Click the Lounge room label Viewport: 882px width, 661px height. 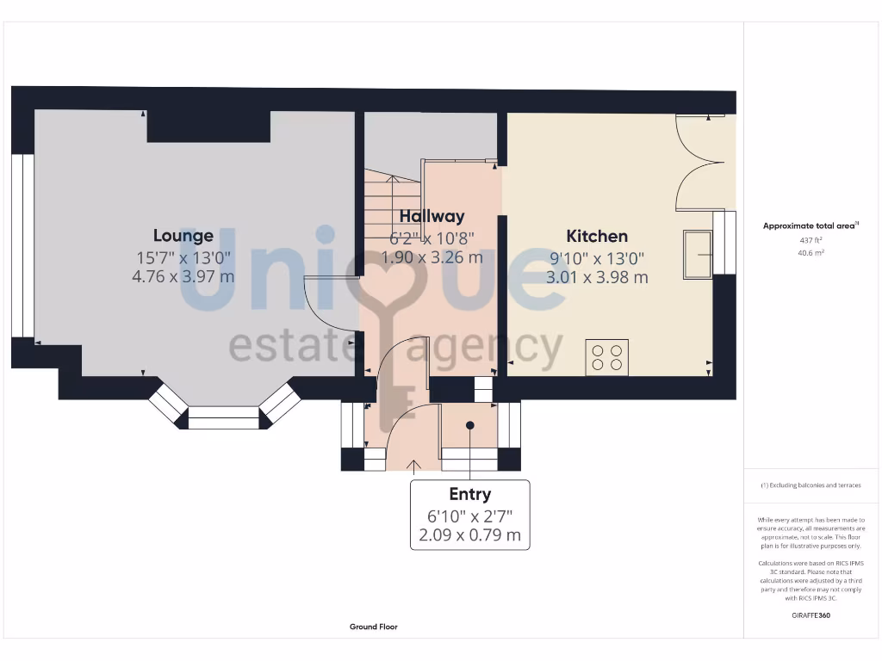(183, 235)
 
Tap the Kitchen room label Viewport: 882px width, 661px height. (596, 236)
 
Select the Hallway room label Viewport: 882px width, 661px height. (432, 216)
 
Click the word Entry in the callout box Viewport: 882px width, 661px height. (469, 494)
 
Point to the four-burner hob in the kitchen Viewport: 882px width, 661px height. (606, 357)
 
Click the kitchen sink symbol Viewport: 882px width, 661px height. (698, 255)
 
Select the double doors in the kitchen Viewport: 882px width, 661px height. (701, 163)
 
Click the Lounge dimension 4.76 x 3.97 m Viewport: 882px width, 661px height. (183, 277)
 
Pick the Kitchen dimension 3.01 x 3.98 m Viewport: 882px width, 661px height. (596, 277)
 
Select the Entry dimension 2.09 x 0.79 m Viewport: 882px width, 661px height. (469, 535)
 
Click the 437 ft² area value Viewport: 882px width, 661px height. (811, 241)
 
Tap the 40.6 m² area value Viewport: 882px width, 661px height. (811, 253)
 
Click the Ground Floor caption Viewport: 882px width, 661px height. (374, 627)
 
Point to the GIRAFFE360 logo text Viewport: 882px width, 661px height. (811, 615)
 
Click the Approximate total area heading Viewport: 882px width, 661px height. (811, 225)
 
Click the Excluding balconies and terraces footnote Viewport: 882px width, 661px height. (811, 485)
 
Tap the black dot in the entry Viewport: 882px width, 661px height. (470, 425)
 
